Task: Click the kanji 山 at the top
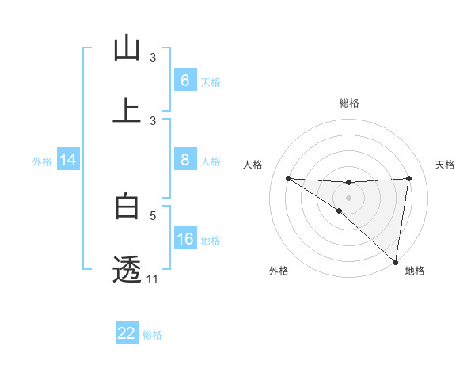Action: pyautogui.click(x=127, y=48)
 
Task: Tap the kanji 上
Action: pyautogui.click(x=127, y=111)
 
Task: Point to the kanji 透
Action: pyautogui.click(x=127, y=269)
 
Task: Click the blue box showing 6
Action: pyautogui.click(x=184, y=80)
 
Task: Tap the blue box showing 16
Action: pyautogui.click(x=184, y=239)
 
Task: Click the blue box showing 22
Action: pyautogui.click(x=127, y=333)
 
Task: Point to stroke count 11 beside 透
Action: pyautogui.click(x=153, y=279)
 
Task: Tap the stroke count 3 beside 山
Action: pyautogui.click(x=154, y=58)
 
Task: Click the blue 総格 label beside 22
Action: pyautogui.click(x=152, y=334)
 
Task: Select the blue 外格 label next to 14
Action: pyautogui.click(x=42, y=161)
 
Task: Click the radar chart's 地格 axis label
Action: pyautogui.click(x=415, y=271)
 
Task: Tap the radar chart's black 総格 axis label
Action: pyautogui.click(x=349, y=103)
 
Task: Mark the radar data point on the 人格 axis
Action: pyautogui.click(x=288, y=178)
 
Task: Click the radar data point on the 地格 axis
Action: pyautogui.click(x=396, y=261)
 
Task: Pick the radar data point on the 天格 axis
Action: pyautogui.click(x=408, y=178)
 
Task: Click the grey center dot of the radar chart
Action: pyautogui.click(x=348, y=197)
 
